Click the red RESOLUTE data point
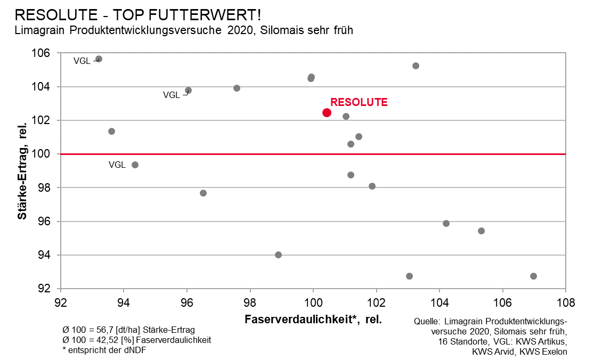[x=327, y=112]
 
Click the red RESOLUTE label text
[x=359, y=102]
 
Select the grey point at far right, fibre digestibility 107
[x=533, y=276]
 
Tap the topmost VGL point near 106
[x=99, y=59]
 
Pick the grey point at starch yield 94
[x=278, y=255]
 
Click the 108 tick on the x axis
[x=565, y=303]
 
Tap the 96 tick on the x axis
[x=187, y=303]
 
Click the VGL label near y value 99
[x=117, y=165]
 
